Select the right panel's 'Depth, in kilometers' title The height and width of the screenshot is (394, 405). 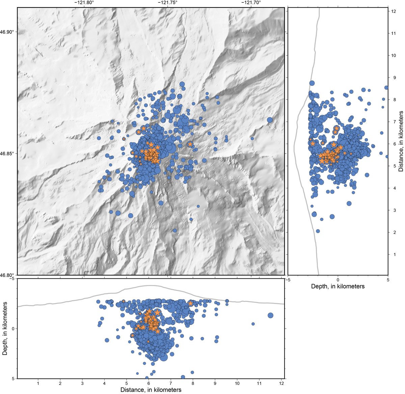pyautogui.click(x=337, y=286)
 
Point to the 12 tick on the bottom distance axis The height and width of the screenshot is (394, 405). pyautogui.click(x=281, y=383)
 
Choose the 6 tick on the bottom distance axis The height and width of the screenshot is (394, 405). pyautogui.click(x=148, y=383)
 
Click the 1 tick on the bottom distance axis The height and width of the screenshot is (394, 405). pyautogui.click(x=38, y=383)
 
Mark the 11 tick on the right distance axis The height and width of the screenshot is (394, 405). pyautogui.click(x=393, y=33)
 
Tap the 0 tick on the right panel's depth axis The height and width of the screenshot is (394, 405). pyautogui.click(x=337, y=280)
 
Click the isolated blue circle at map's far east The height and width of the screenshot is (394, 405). pyautogui.click(x=270, y=120)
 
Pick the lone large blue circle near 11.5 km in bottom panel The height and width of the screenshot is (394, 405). pyautogui.click(x=270, y=315)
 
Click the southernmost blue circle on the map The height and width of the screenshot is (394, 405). pyautogui.click(x=175, y=231)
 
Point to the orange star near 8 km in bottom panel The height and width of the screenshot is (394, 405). pyautogui.click(x=191, y=303)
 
